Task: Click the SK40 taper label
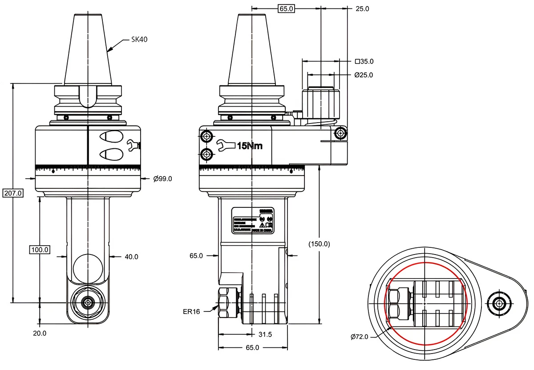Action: click(139, 40)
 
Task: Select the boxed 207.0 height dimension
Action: click(12, 193)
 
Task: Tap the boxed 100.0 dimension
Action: click(40, 250)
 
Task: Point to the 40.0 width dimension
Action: click(131, 256)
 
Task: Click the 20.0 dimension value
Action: click(40, 333)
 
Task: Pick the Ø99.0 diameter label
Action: click(162, 179)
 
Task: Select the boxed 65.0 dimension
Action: click(286, 8)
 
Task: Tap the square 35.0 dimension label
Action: click(364, 61)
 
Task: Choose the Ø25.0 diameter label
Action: click(364, 75)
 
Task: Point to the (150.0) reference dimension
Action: click(320, 244)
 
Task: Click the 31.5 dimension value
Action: click(265, 334)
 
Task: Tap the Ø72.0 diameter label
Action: click(360, 337)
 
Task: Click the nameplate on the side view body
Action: click(252, 220)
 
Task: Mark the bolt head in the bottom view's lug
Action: click(497, 304)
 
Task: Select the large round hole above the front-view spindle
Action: click(87, 267)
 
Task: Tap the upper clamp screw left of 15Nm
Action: click(206, 135)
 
